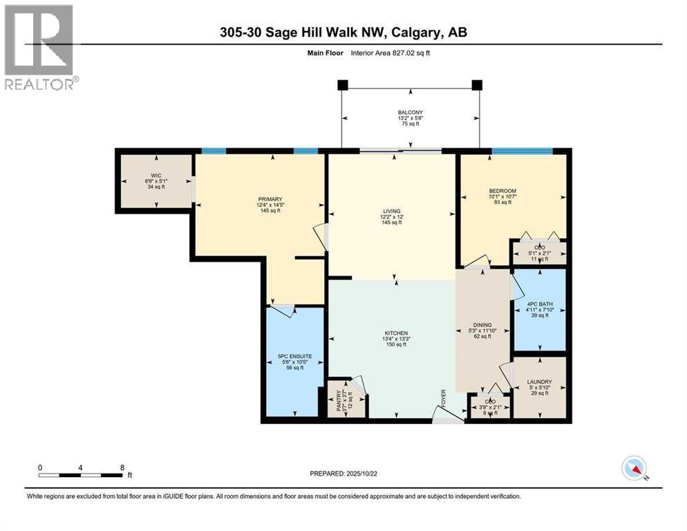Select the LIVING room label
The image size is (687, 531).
(393, 211)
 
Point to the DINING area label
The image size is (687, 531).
(482, 324)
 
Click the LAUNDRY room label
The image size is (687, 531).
(539, 381)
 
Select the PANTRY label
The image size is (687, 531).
(339, 401)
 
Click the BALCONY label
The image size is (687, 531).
(410, 112)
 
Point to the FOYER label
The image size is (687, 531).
(444, 399)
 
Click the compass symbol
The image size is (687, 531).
(634, 469)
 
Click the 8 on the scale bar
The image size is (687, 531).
(122, 467)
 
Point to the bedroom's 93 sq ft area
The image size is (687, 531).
(502, 202)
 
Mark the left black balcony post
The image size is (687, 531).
(342, 85)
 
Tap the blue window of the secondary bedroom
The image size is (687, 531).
(522, 151)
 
